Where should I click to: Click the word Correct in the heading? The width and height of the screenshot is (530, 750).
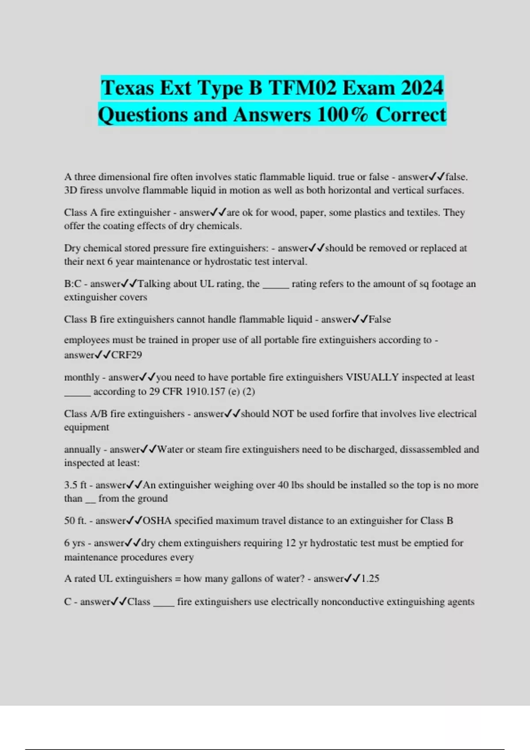(x=411, y=115)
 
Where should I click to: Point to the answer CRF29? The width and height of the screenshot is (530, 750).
(x=126, y=355)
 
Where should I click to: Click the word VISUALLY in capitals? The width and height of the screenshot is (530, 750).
(x=372, y=377)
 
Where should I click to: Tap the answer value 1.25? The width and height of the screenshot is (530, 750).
(x=370, y=578)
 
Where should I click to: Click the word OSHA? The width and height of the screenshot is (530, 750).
(x=157, y=521)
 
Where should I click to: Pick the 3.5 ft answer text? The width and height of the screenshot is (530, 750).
(x=75, y=485)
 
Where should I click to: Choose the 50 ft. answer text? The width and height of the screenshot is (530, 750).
(x=75, y=521)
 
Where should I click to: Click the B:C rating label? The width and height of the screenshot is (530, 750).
(x=72, y=284)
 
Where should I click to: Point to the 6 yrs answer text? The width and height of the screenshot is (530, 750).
(x=74, y=543)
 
